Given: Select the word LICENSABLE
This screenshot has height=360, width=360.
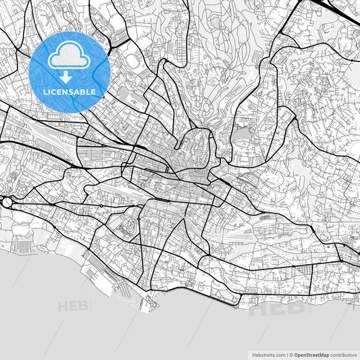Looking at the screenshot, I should coord(70,91).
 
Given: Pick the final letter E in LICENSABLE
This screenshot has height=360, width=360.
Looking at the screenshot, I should coord(94,91).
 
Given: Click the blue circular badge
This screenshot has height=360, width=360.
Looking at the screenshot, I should coord(70,71).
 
